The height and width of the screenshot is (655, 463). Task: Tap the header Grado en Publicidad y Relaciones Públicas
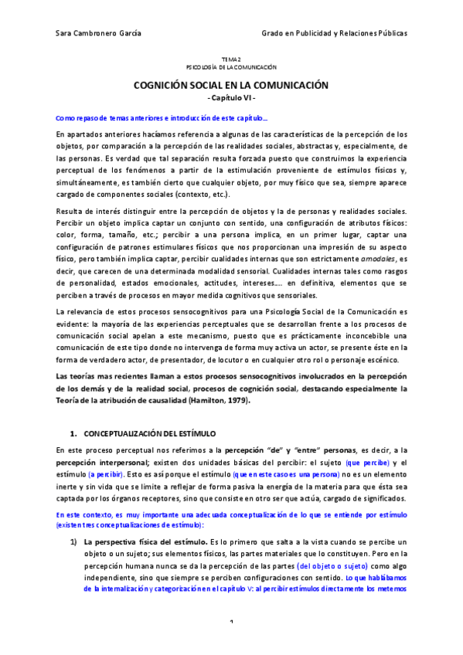pos(335,34)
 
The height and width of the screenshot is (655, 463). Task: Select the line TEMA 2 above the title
pos(231,59)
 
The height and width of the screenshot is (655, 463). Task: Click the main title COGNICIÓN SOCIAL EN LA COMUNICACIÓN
pos(231,86)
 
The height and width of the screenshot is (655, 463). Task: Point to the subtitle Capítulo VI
pos(231,99)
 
